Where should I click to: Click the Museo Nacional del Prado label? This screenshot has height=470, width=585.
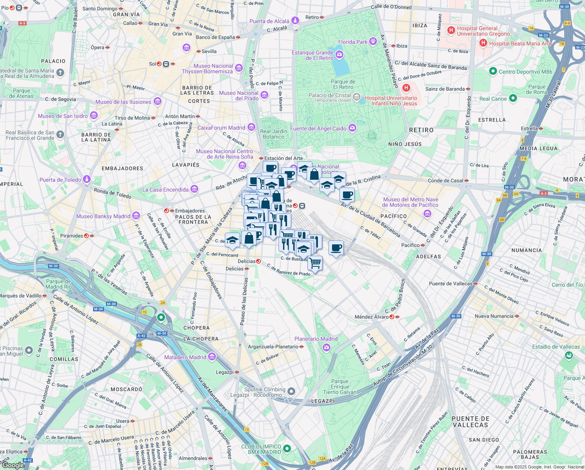(x=239, y=96)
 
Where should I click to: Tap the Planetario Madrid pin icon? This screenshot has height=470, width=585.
(x=327, y=347)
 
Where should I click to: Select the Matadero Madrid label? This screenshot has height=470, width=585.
(x=185, y=357)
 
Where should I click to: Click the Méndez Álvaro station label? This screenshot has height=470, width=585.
(x=371, y=317)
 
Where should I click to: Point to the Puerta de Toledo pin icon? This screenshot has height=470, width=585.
(x=87, y=179)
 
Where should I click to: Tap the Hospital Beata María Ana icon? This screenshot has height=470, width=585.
(x=483, y=43)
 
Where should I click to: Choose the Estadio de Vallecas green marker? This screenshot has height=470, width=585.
(x=569, y=355)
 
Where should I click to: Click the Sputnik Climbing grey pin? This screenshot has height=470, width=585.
(x=291, y=391)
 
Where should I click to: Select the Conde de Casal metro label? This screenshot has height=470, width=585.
(x=445, y=181)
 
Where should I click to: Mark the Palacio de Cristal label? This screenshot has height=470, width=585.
(x=329, y=95)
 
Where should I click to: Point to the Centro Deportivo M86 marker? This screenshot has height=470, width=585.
(x=493, y=71)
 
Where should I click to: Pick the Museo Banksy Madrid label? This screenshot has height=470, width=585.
(x=103, y=216)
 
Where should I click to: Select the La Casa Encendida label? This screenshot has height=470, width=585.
(x=165, y=190)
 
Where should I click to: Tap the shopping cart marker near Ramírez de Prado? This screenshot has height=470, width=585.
(x=315, y=263)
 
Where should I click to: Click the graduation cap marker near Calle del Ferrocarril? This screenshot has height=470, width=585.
(x=232, y=240)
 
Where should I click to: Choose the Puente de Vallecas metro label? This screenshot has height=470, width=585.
(x=450, y=284)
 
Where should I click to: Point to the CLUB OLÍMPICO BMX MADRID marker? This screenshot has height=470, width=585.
(x=287, y=448)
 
